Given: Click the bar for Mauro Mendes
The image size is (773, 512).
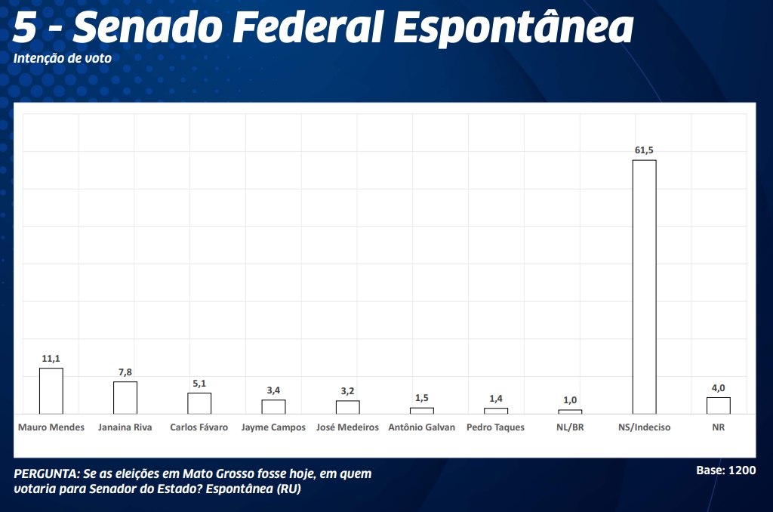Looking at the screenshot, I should click(51, 390).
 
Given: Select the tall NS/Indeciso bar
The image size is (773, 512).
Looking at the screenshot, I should click(644, 287).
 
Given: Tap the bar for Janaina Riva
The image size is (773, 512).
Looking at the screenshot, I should click(125, 397).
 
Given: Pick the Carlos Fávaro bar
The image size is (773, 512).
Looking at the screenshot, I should click(199, 403).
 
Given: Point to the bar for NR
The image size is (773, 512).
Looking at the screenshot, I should click(718, 406).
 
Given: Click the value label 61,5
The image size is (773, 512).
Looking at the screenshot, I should click(644, 151).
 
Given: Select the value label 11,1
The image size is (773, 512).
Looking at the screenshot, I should click(51, 359).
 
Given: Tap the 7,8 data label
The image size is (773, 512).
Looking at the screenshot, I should click(125, 372).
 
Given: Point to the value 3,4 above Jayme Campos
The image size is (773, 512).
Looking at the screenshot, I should click(273, 390).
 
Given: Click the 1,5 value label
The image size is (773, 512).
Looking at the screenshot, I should click(421, 398).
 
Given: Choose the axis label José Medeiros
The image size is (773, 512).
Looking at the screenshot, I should click(347, 427).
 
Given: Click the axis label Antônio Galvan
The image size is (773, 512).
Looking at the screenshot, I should click(421, 427).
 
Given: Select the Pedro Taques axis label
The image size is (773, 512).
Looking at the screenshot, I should click(495, 427).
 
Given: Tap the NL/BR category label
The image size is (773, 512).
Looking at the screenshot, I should click(570, 427).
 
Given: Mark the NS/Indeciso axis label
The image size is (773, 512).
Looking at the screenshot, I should click(644, 427).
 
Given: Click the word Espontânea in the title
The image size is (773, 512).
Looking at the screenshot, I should click(513, 29).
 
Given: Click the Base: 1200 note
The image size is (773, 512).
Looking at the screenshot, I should click(725, 470).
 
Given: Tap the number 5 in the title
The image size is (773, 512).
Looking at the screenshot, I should click(24, 29).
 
